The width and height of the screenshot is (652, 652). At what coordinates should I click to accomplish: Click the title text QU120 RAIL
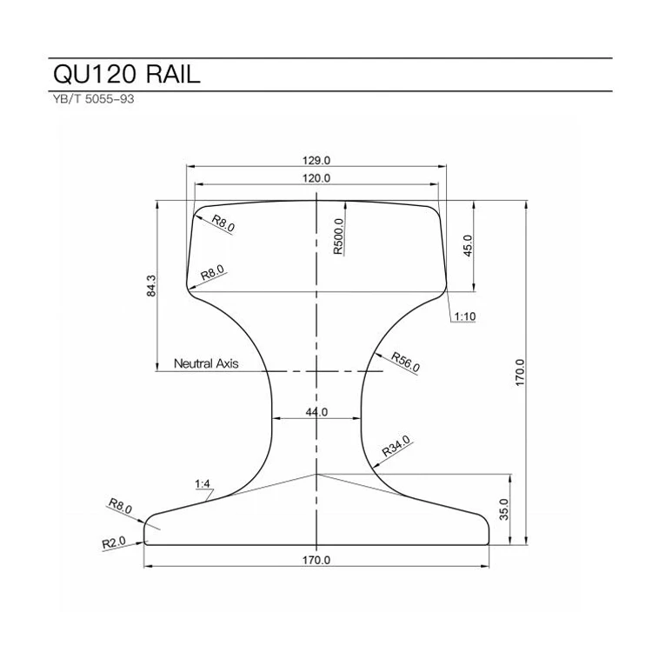tap(127, 74)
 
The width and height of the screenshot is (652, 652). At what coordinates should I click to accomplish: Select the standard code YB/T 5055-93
tap(93, 99)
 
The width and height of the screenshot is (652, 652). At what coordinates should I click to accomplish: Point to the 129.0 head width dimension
tap(316, 160)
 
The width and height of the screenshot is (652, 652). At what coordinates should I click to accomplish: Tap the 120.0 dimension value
tap(316, 177)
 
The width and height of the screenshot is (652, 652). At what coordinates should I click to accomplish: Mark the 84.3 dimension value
tap(151, 286)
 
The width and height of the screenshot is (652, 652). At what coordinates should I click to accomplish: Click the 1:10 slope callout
tap(464, 316)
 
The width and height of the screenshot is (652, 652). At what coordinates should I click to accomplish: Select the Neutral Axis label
tap(206, 363)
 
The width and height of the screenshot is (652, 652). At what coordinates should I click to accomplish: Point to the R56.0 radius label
tap(405, 362)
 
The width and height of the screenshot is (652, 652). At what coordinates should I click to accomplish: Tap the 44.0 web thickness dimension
tap(316, 412)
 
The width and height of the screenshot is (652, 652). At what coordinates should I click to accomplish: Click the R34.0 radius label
tap(396, 447)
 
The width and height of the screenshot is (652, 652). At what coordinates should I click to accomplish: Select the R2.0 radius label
tap(114, 542)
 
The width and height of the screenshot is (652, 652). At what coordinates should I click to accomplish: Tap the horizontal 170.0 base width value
tap(316, 560)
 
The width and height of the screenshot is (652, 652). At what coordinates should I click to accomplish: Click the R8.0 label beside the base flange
tap(120, 506)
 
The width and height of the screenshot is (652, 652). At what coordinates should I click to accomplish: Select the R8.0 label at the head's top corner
tap(223, 223)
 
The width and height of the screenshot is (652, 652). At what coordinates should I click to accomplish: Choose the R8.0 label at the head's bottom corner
tap(213, 272)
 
